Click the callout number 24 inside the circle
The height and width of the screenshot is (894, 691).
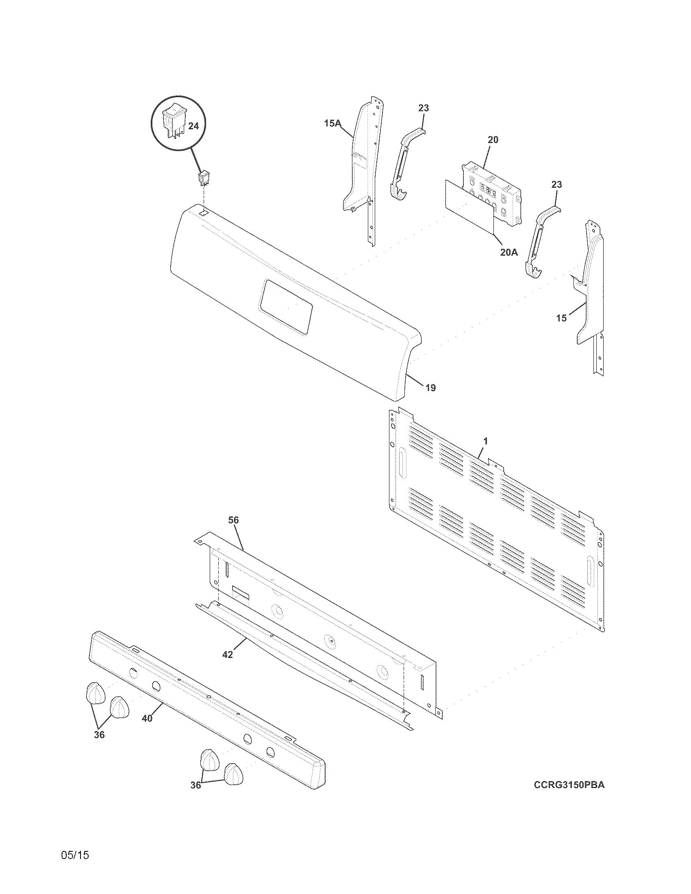[193, 126]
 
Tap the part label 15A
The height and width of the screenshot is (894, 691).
[332, 122]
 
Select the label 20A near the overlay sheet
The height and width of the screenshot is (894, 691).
[508, 253]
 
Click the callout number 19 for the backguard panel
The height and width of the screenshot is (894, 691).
[430, 387]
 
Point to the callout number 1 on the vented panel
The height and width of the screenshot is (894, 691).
[485, 441]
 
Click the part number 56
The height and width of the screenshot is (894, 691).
[233, 520]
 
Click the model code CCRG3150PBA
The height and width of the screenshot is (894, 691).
[569, 785]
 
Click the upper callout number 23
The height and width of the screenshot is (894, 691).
[424, 108]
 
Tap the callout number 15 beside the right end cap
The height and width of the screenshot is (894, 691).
[561, 318]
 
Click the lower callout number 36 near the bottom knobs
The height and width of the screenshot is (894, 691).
[196, 785]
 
